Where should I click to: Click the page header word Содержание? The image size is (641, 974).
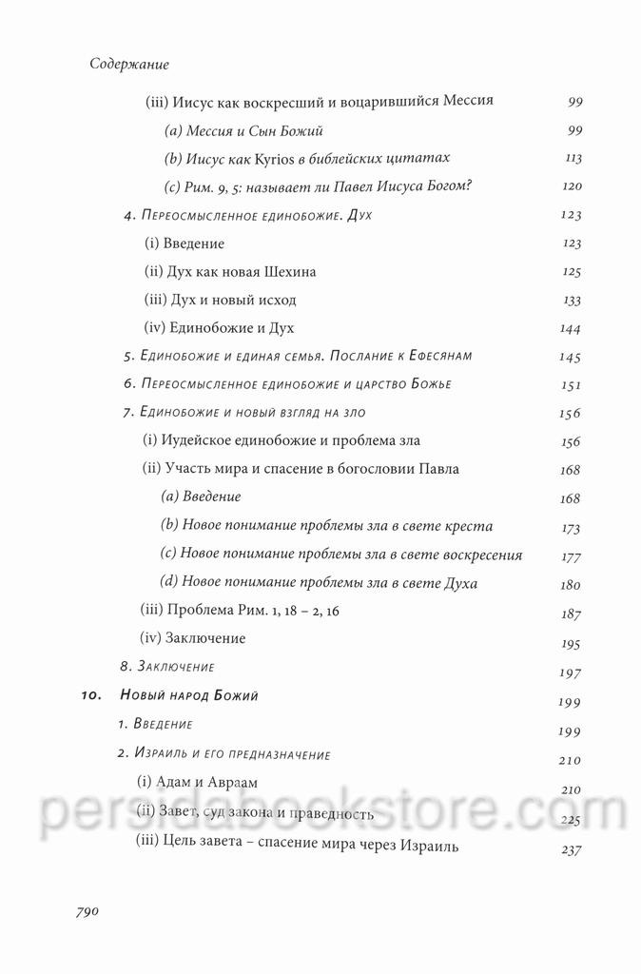click(128, 65)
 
